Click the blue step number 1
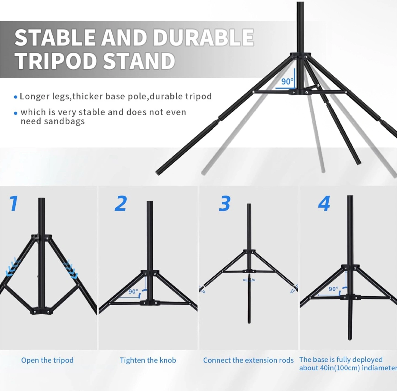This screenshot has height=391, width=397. click(x=14, y=203)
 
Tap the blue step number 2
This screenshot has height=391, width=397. click(x=120, y=203)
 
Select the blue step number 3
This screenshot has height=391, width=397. click(x=224, y=204)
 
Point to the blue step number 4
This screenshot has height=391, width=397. click(x=324, y=204)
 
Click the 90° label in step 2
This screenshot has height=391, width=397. click(x=133, y=292)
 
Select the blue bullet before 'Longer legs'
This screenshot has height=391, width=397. click(x=15, y=97)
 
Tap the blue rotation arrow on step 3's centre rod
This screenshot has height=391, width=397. click(x=249, y=280)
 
